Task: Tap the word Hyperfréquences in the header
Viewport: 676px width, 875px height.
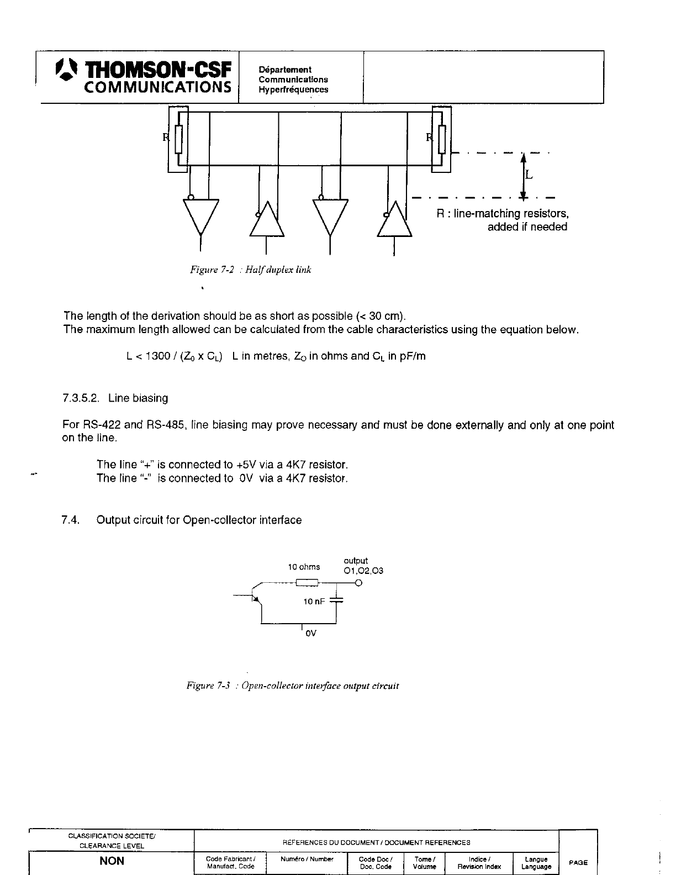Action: [293, 89]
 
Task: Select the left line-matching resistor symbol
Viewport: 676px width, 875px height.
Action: [178, 139]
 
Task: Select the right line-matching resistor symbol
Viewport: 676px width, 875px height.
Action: [442, 139]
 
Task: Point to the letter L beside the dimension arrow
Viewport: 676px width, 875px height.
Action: [529, 175]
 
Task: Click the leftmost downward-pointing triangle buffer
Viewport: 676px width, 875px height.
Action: [200, 215]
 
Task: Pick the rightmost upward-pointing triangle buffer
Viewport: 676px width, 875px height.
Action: [394, 221]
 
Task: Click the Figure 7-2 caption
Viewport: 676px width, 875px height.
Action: [251, 270]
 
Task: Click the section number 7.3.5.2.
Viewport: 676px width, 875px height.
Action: [83, 398]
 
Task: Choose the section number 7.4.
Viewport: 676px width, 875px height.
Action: [71, 520]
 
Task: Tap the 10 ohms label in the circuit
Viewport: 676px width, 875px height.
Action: [304, 567]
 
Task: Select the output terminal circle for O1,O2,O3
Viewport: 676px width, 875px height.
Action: [359, 583]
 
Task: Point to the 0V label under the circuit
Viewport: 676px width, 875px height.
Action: [310, 633]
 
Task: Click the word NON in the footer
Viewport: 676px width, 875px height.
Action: [112, 861]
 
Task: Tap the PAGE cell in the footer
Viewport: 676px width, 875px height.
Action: [578, 862]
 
